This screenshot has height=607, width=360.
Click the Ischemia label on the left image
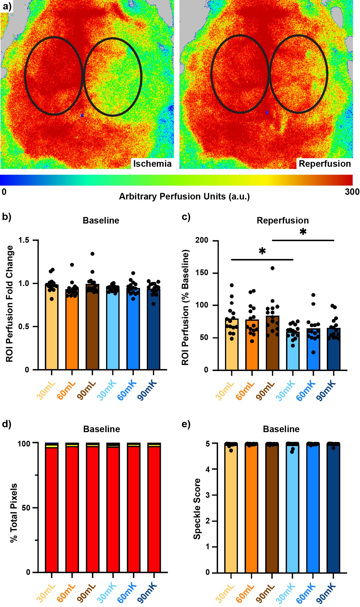click(x=152, y=164)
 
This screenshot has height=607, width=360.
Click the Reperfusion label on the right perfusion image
click(x=325, y=164)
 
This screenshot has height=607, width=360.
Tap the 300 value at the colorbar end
click(x=352, y=192)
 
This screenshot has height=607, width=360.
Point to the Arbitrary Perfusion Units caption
click(x=184, y=196)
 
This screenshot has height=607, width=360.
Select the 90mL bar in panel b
click(x=92, y=327)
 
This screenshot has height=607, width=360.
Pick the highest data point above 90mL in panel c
click(x=273, y=268)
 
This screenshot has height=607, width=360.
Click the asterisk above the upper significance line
click(x=303, y=232)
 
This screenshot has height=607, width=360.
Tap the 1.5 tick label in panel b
click(x=24, y=240)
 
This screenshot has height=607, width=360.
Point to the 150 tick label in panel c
click(x=202, y=273)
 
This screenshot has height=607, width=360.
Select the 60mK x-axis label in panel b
click(x=127, y=390)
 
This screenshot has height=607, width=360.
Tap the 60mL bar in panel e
click(x=252, y=508)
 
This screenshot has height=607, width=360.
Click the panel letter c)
click(x=186, y=217)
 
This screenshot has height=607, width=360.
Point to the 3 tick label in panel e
click(x=208, y=495)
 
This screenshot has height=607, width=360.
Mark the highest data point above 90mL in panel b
click(x=92, y=254)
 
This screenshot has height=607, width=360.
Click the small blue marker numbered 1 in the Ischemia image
click(x=82, y=115)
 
